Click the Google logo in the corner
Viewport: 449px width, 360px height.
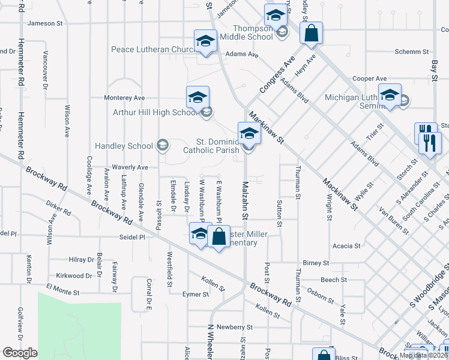tap(19, 353)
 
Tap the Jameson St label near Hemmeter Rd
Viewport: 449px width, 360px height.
tap(46, 23)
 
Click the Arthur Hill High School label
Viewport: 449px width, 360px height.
tap(155, 112)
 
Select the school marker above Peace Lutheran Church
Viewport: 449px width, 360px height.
tap(205, 41)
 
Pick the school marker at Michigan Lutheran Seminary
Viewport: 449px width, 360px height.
tap(390, 95)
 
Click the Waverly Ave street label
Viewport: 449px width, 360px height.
tap(130, 167)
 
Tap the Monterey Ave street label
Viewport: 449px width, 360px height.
tap(125, 98)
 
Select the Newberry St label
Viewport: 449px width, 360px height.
tap(235, 327)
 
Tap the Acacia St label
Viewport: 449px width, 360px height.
tap(348, 246)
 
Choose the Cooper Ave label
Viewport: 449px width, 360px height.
tap(370, 79)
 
